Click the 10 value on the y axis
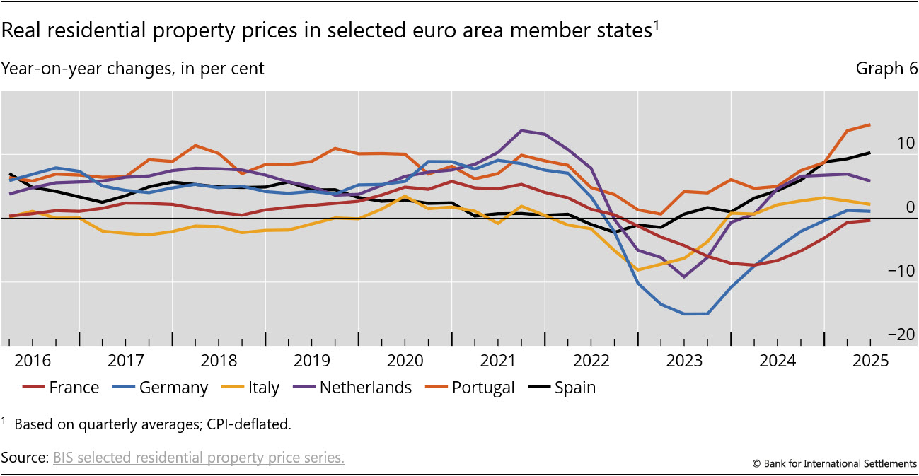pyautogui.click(x=885, y=142)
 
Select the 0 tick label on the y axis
pyautogui.click(x=890, y=207)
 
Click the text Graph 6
pyautogui.click(x=886, y=69)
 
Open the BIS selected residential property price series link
pyautogui.click(x=199, y=458)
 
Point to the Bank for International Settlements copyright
pyautogui.click(x=834, y=463)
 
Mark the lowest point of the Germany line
pyautogui.click(x=696, y=314)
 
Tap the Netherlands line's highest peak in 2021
pyautogui.click(x=521, y=130)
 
